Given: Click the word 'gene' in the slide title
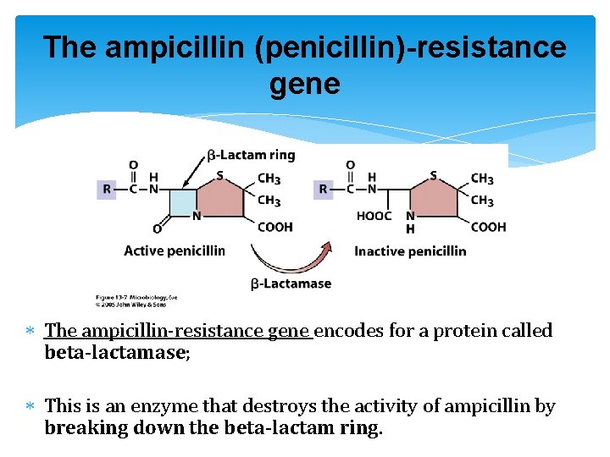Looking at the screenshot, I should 304,84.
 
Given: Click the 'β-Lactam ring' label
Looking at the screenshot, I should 251,155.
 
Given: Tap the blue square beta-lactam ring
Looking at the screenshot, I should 183,203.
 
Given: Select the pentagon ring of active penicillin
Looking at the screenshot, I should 220,200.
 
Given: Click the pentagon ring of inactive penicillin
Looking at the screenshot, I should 435,200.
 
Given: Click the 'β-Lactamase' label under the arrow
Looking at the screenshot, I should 291,284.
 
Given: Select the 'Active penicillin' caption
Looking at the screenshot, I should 175,251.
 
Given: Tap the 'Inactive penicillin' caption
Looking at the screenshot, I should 410,251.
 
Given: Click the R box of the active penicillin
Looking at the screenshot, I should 107,190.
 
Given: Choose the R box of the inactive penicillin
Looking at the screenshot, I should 322,190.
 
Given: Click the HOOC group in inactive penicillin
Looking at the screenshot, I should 374,217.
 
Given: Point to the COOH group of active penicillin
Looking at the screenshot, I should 274,227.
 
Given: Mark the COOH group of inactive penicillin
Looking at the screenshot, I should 488,227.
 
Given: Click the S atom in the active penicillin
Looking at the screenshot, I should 220,176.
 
